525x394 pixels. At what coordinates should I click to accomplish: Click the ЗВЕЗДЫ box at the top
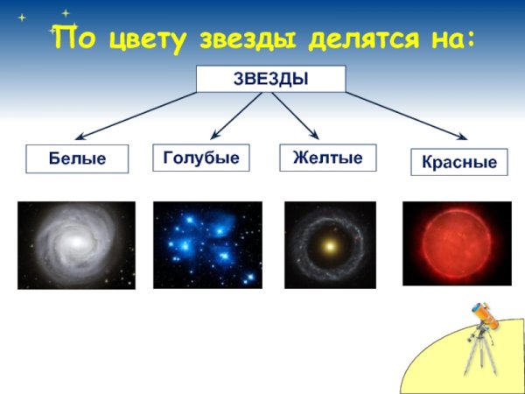tap(270, 79)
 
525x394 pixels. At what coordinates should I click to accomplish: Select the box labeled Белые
tap(77, 158)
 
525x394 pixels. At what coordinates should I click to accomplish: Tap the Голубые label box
tap(200, 158)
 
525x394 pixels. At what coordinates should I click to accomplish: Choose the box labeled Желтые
tap(327, 158)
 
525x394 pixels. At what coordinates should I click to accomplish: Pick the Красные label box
tap(458, 162)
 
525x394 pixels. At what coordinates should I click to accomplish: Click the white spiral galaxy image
tap(76, 245)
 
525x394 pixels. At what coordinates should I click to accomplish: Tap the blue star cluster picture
tap(207, 245)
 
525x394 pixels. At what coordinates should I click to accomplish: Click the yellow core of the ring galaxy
tap(330, 246)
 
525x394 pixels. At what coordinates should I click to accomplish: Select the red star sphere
tap(456, 243)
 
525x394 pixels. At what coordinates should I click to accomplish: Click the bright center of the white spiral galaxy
tap(77, 242)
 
